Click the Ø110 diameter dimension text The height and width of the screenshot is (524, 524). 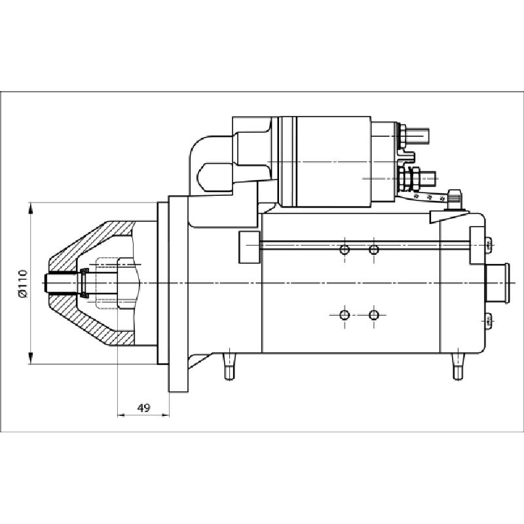click(22, 283)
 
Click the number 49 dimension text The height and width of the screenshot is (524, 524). click(143, 407)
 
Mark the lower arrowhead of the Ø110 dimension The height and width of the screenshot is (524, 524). click(30, 358)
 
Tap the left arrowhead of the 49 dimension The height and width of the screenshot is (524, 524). click(121, 415)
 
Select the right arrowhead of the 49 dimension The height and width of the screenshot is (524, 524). click(166, 415)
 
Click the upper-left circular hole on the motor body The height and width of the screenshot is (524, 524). click(345, 250)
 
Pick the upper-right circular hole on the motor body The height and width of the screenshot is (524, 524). click(373, 250)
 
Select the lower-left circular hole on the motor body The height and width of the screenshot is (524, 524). click(345, 315)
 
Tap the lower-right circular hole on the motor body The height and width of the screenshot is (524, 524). click(373, 315)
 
